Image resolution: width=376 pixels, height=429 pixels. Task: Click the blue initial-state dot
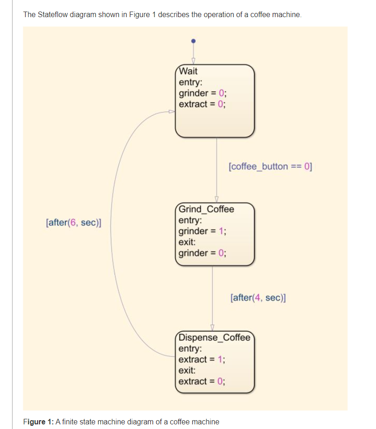pos(194,40)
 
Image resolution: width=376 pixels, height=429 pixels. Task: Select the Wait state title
pos(188,71)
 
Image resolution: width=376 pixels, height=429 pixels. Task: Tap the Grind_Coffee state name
pos(206,209)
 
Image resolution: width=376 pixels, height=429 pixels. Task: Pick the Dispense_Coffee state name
pos(214,337)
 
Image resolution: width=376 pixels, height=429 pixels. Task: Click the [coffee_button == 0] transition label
pos(271,166)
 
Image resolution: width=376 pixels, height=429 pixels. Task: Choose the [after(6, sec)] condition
pos(74,223)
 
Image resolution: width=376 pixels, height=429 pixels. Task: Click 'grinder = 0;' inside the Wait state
pos(202,93)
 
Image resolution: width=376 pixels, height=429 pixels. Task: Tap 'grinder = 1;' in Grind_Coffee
pos(202,231)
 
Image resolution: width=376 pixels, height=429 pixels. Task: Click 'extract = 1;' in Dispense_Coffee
pos(202,360)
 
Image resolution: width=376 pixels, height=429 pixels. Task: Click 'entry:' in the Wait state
pos(190,82)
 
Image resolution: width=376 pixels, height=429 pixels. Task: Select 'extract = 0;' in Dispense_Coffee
pos(202,381)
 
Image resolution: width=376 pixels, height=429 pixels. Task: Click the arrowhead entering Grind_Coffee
pos(216,199)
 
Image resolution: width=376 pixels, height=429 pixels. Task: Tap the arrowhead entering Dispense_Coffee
pos(213,328)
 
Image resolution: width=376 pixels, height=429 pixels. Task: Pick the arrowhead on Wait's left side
pos(172,112)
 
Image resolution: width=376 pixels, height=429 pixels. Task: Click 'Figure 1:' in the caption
pos(38,421)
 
